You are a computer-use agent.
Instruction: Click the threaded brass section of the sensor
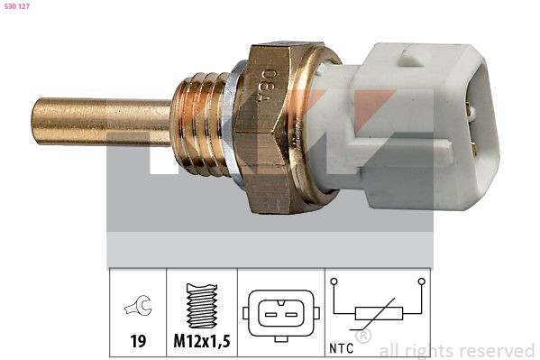click(x=200, y=125)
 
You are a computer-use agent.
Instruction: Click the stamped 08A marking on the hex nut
click(x=268, y=87)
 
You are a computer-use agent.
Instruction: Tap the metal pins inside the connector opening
click(x=472, y=131)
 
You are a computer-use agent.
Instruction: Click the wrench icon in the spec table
click(x=138, y=305)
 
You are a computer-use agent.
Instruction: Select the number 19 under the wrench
click(x=138, y=341)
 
